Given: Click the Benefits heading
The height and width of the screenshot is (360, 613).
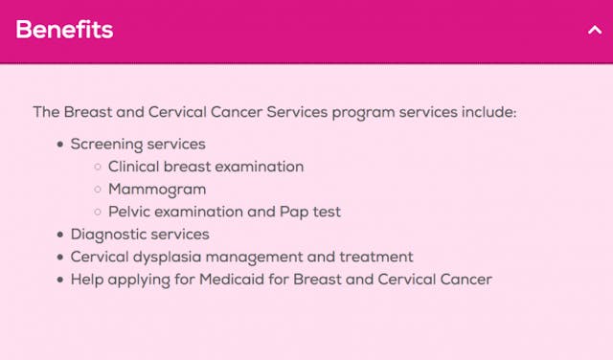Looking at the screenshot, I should click(x=64, y=30).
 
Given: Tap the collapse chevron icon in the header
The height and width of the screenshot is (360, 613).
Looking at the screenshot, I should click(x=593, y=30).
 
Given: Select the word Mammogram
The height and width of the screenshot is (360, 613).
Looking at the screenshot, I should click(x=157, y=189).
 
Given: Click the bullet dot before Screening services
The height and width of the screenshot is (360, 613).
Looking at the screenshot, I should click(x=61, y=145).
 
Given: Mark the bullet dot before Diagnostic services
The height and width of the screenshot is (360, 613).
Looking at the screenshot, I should click(x=61, y=235).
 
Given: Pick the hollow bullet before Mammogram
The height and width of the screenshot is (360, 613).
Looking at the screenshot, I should click(x=98, y=190).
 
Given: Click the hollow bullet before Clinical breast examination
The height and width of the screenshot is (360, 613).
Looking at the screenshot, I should click(x=98, y=168).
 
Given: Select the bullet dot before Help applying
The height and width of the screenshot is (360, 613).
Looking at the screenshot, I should click(x=61, y=280).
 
